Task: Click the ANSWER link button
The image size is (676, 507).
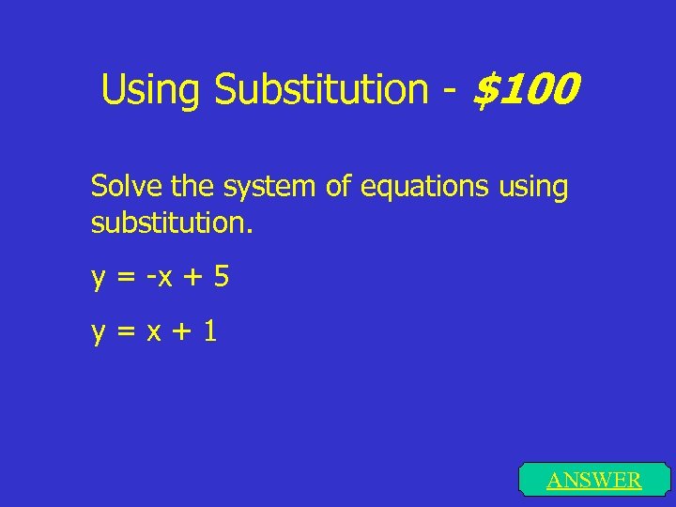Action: click(594, 481)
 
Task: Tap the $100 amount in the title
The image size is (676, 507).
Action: click(526, 90)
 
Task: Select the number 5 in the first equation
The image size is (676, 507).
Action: click(221, 277)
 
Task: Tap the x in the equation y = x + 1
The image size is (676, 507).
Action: click(151, 332)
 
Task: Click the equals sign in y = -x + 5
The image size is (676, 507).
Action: click(124, 278)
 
